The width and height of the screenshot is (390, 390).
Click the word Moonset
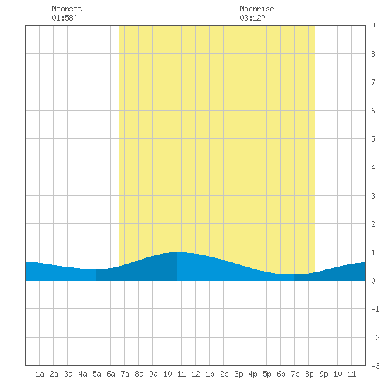pos(67,9)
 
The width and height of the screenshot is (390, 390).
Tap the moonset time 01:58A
pos(65,18)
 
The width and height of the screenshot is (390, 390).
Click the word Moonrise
pos(257,9)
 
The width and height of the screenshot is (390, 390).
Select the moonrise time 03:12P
pos(252,18)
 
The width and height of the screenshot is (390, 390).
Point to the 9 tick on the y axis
pos(373,26)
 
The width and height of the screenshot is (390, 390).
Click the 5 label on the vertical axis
pos(373,139)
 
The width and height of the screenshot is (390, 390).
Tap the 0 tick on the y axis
pos(373,281)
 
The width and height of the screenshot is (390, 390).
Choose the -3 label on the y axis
pos(375,366)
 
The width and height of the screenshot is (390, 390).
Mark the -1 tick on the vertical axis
pos(375,309)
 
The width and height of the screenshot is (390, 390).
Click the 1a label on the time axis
pos(40,374)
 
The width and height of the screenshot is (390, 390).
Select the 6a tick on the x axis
pos(111,374)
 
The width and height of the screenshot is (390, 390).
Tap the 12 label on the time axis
pos(196,374)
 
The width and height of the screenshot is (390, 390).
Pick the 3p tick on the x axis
pos(238,374)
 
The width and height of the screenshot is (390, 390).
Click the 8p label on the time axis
pos(309,374)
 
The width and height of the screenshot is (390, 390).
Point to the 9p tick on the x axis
pos(323,374)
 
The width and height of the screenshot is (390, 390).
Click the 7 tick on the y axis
pos(373,82)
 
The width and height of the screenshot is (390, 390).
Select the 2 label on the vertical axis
pos(373,224)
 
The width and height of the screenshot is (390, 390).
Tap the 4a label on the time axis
pos(82,374)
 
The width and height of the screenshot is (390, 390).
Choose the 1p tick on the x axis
pos(210,374)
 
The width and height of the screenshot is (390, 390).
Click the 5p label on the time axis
pos(267,374)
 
